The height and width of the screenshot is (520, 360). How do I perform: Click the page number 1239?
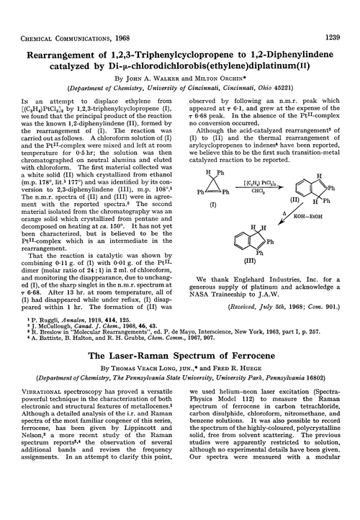339,8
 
